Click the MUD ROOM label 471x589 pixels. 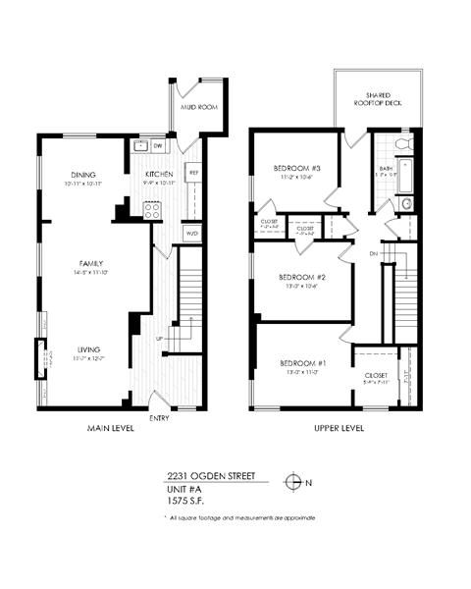pyautogui.click(x=198, y=108)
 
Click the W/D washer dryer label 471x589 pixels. pyautogui.click(x=192, y=234)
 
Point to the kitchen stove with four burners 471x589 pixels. pyautogui.click(x=153, y=209)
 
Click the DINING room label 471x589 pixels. pyautogui.click(x=82, y=176)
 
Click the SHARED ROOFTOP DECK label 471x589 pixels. pyautogui.click(x=377, y=97)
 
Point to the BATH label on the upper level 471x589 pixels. pyautogui.click(x=386, y=169)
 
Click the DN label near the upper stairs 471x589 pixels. pyautogui.click(x=373, y=253)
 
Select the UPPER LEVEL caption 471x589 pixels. pyautogui.click(x=340, y=429)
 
